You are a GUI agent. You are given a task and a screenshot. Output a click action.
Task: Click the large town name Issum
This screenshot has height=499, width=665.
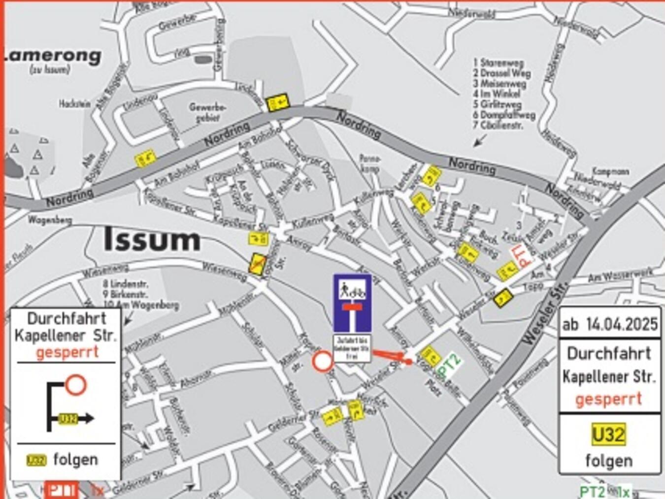152,240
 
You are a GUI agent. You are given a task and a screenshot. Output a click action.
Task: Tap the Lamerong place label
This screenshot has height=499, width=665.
53,55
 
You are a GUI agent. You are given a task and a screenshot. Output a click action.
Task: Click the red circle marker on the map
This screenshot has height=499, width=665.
323,362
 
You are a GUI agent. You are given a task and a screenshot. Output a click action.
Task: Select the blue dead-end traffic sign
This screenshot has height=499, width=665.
352,302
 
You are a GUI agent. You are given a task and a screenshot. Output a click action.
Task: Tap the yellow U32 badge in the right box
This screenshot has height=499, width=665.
609,435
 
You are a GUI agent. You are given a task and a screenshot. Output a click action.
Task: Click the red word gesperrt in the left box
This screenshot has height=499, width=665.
67,352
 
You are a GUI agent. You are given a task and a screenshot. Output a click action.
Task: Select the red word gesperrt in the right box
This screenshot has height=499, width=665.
609,399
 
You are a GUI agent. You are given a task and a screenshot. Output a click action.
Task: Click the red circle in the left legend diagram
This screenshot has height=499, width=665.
75,385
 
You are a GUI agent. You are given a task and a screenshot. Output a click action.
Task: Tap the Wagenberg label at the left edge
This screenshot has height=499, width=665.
50,220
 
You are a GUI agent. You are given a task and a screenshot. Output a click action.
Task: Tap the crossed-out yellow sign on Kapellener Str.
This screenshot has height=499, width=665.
257,263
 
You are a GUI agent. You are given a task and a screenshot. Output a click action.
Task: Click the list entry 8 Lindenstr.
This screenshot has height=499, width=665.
126,284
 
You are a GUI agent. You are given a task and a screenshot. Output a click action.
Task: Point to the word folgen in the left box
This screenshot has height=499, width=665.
75,460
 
